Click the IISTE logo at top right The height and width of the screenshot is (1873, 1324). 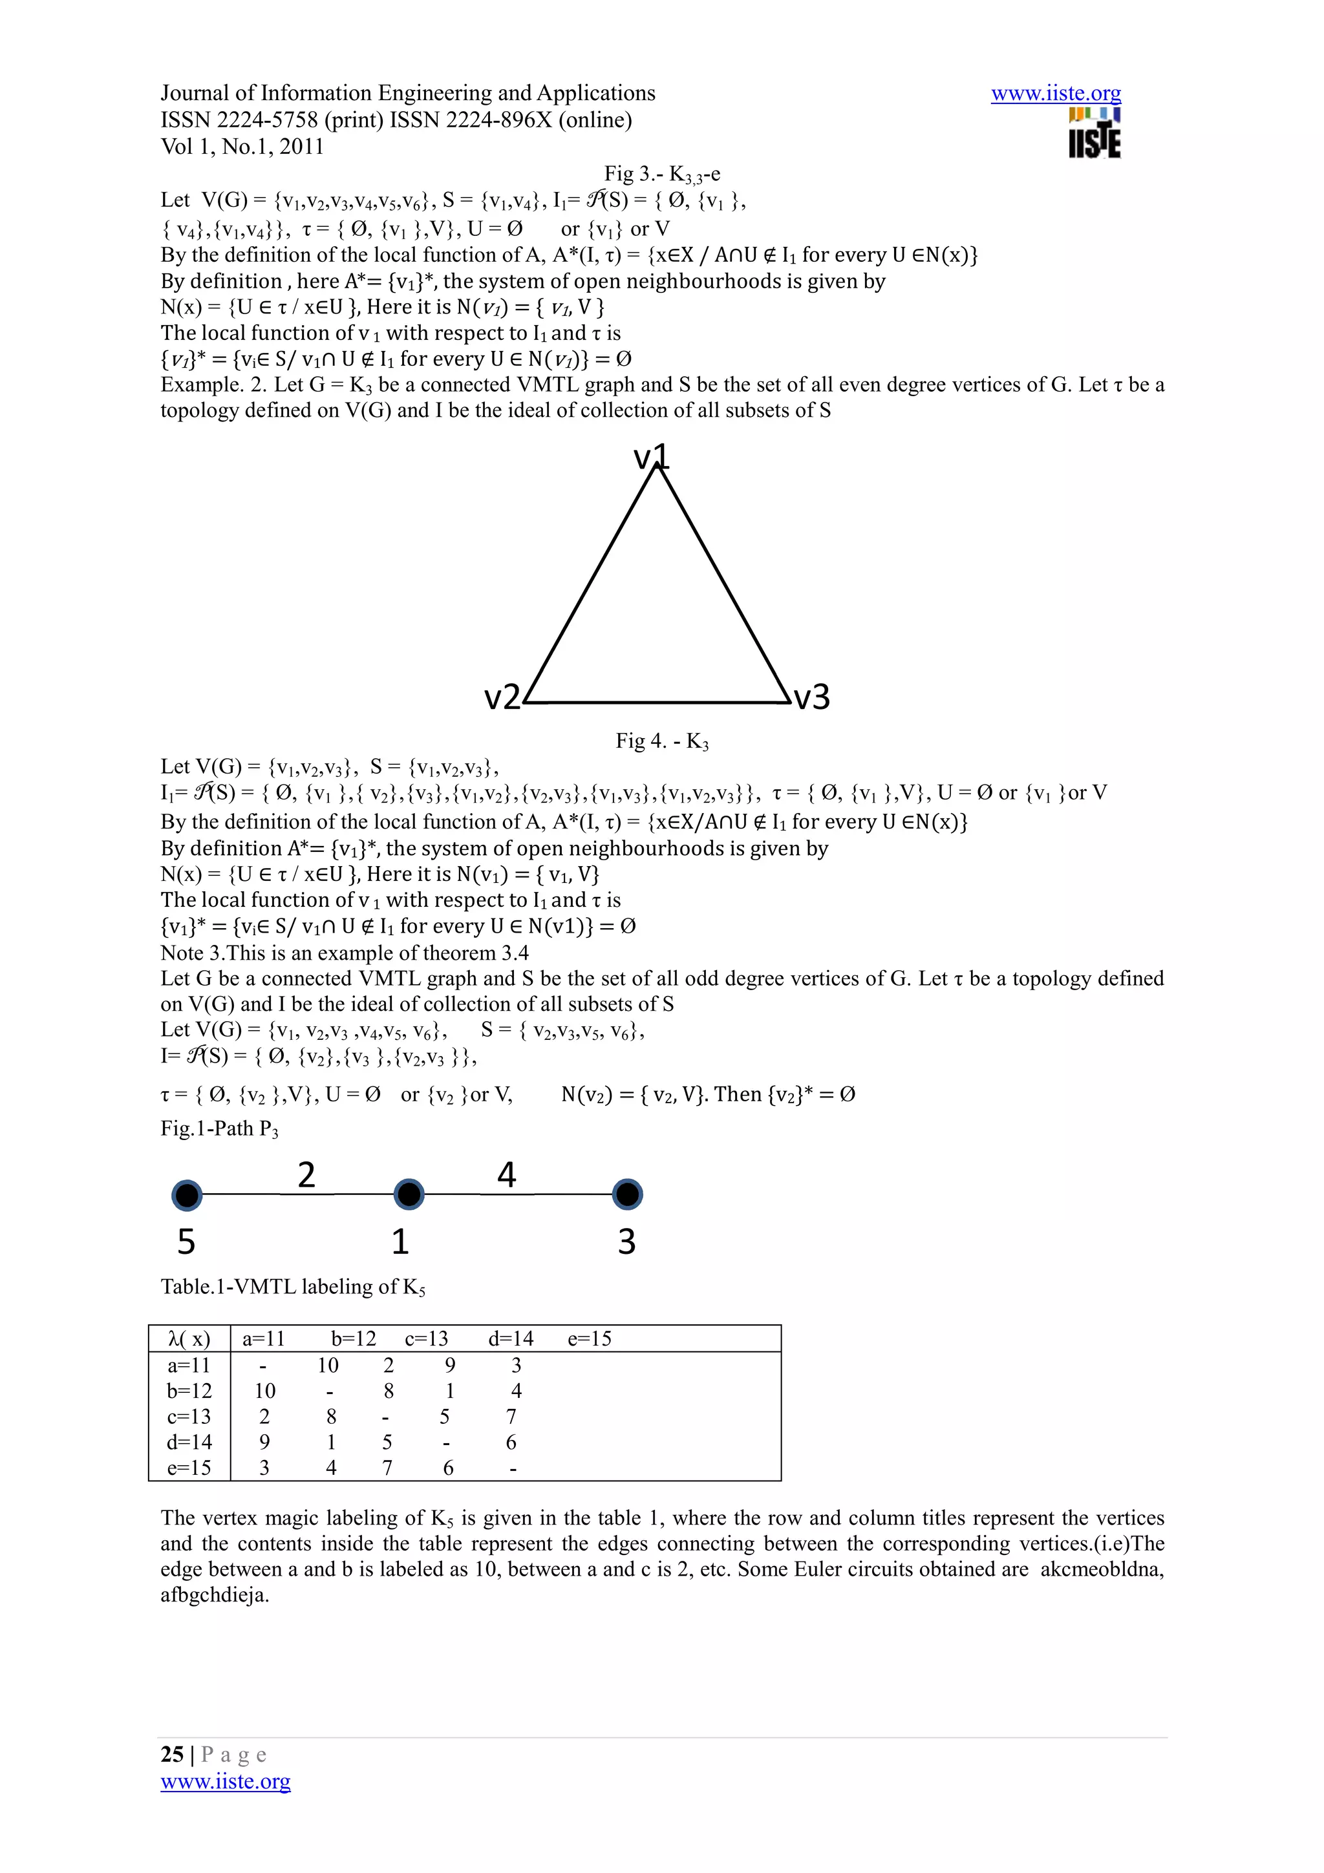(x=1094, y=133)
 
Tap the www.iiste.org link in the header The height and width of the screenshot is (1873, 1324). (x=1056, y=94)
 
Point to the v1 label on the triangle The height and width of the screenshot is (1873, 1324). (x=651, y=457)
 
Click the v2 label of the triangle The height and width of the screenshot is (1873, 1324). (x=502, y=697)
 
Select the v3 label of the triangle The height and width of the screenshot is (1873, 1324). (x=812, y=697)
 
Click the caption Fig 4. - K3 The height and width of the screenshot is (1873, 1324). (x=661, y=741)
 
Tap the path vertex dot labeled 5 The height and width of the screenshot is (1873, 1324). (x=187, y=1195)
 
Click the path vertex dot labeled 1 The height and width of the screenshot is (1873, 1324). (x=409, y=1195)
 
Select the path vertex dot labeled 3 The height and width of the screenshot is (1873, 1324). (x=626, y=1195)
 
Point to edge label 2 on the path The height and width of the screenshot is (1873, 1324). (x=306, y=1175)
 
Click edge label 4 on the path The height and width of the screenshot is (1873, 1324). (x=507, y=1175)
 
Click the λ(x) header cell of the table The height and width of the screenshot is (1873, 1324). (x=189, y=1339)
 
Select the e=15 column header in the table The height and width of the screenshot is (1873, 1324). (x=589, y=1339)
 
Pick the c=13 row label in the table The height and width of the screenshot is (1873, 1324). (x=189, y=1416)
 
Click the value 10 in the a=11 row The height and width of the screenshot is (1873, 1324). (x=328, y=1366)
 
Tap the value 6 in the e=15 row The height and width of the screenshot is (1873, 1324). (x=448, y=1468)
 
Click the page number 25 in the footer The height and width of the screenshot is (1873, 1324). (x=172, y=1754)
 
